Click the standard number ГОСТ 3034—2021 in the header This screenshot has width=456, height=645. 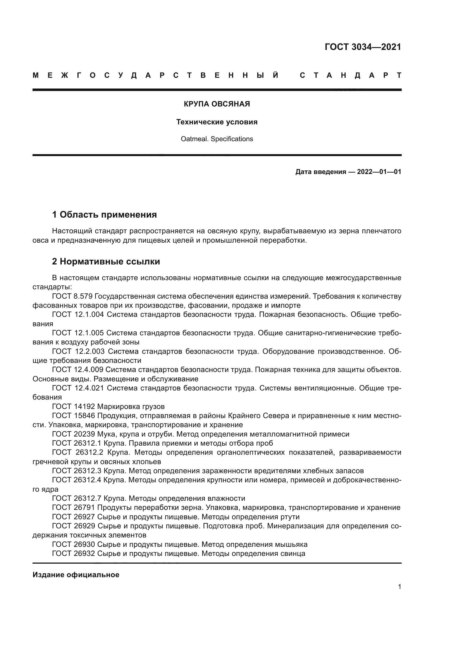coord(363,47)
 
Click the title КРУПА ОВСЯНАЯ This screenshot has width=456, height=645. coord(217,104)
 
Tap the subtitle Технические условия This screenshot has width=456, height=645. coord(217,122)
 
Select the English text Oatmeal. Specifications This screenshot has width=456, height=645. coord(217,139)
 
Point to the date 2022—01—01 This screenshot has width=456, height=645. coord(379,172)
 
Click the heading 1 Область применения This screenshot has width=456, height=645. coord(104,215)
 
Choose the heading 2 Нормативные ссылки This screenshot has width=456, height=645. coord(106,261)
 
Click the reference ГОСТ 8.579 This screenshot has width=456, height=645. coord(72,296)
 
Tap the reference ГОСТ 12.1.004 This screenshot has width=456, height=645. coord(78,314)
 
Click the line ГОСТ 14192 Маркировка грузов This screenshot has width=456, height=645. coord(108,406)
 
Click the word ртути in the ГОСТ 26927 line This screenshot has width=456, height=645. coord(290,516)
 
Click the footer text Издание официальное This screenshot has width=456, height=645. coord(76,575)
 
